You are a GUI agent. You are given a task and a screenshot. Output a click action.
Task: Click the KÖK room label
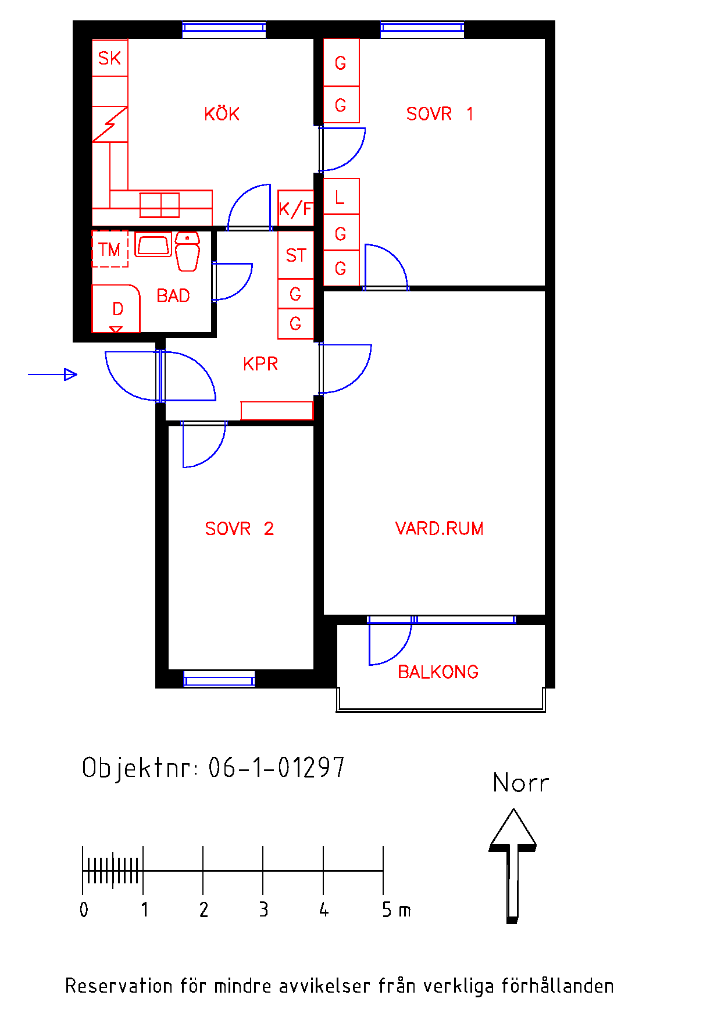[x=222, y=113]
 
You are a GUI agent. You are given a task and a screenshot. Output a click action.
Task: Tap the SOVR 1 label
[x=440, y=113]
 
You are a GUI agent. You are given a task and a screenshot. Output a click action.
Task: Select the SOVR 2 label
[x=239, y=529]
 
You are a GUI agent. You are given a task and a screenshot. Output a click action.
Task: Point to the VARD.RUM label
[x=439, y=529]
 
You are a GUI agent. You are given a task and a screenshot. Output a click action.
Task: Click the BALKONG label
[x=438, y=672]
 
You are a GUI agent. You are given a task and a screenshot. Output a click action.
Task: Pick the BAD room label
[x=173, y=296]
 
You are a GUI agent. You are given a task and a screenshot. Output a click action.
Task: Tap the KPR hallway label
[x=260, y=364]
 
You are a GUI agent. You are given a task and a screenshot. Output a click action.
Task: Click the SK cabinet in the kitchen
[x=110, y=58]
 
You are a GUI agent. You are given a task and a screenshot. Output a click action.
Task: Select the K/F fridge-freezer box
[x=296, y=208]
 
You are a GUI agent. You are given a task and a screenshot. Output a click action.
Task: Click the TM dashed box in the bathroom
[x=110, y=249]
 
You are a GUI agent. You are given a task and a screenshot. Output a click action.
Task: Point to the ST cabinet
[x=296, y=255]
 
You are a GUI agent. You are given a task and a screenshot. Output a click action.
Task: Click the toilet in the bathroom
[x=187, y=251]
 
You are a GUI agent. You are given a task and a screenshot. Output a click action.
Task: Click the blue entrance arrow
[x=52, y=375]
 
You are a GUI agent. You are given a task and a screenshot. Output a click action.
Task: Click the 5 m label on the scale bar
[x=396, y=910]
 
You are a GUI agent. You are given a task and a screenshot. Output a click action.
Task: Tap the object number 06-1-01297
[x=276, y=768]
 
